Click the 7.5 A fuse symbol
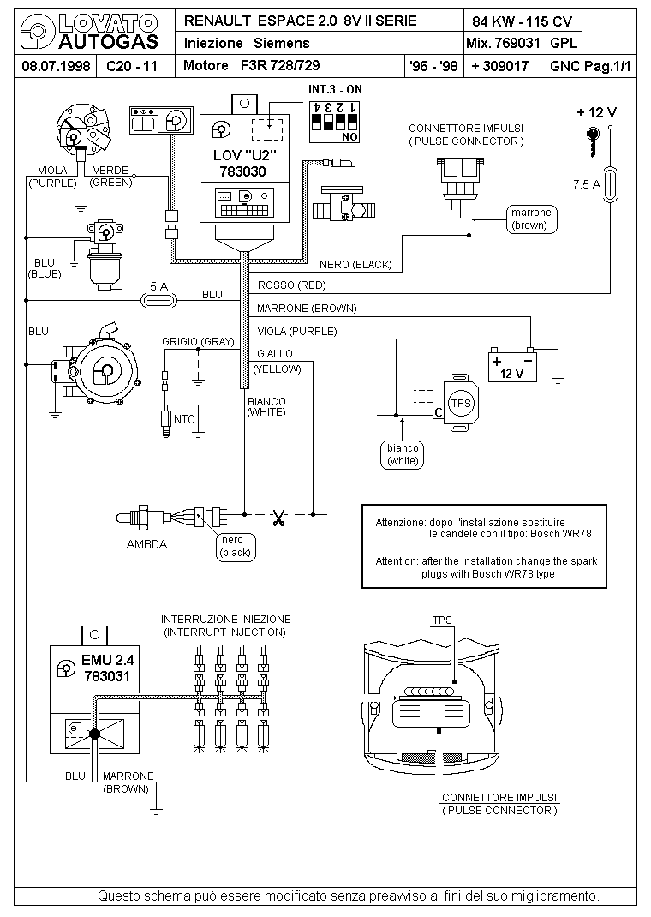610,184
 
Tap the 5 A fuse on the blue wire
159,300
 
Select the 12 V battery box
512,365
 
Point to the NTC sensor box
182,419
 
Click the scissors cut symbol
278,518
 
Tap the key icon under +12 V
593,141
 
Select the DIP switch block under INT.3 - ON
334,122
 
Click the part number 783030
242,171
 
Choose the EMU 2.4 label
108,660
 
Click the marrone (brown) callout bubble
531,219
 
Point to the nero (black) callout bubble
236,546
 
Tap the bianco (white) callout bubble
403,454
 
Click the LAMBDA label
144,544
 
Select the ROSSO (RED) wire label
291,285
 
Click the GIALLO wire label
275,353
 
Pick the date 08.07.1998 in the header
56,66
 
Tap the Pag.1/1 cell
608,66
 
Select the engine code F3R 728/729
280,65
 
